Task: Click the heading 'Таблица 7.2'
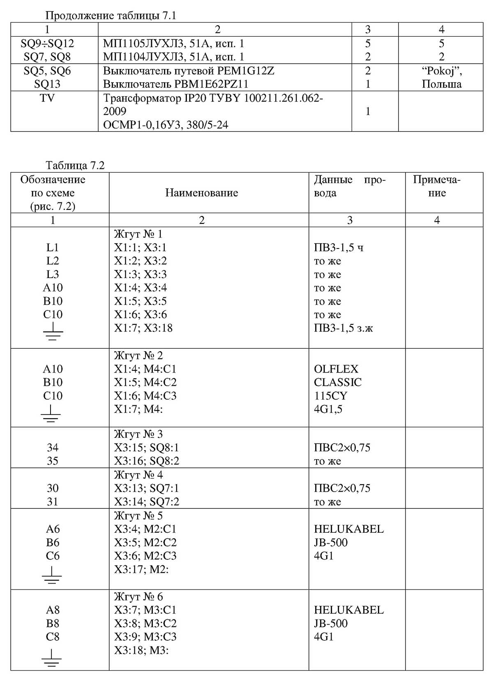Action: (75, 166)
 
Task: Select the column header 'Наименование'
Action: (201, 193)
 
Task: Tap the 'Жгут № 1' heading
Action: (138, 234)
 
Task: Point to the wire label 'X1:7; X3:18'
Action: (143, 328)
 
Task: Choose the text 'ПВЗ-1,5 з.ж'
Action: (343, 328)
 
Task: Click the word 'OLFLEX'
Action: (336, 369)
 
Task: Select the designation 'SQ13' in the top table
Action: (47, 84)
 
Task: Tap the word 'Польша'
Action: (441, 84)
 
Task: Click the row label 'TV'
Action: (47, 98)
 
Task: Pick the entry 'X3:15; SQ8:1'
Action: (146, 447)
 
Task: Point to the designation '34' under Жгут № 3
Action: (53, 447)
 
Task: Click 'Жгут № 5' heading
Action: (138, 515)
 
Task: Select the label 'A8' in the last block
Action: (53, 610)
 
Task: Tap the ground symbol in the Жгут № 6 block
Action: (52, 656)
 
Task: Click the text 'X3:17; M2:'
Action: (141, 569)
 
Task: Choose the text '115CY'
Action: (330, 396)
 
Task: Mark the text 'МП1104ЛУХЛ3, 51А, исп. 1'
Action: (173, 57)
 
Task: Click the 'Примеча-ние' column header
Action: (437, 186)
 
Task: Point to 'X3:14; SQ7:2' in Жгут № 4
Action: (146, 502)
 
